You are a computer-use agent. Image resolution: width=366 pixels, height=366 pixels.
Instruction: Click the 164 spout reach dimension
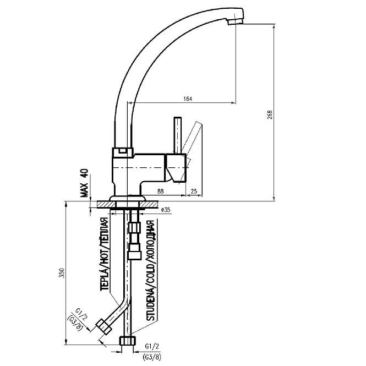[x=188, y=99]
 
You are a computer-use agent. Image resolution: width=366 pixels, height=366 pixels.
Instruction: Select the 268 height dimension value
[x=270, y=114]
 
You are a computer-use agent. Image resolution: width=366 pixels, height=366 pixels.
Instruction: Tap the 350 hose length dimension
[x=62, y=272]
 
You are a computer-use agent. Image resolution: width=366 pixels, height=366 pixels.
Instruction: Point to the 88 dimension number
[x=160, y=191]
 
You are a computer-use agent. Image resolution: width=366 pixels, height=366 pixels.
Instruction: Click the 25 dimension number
[x=194, y=191]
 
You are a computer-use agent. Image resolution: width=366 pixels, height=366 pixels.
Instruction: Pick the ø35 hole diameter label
[x=166, y=210]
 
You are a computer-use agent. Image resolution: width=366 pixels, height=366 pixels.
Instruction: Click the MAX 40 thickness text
[x=85, y=183]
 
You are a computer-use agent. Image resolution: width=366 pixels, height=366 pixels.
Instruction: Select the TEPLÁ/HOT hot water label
[x=105, y=254]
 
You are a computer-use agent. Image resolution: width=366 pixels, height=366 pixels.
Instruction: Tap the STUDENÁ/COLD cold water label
[x=150, y=271]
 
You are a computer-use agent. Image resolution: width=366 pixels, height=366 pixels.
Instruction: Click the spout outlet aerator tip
[x=236, y=21]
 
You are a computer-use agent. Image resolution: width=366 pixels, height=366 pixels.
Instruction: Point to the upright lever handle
[x=178, y=135]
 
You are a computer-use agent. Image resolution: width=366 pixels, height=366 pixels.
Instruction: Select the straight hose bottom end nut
[x=128, y=341]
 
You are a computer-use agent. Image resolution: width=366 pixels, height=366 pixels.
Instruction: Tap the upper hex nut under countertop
[x=134, y=227]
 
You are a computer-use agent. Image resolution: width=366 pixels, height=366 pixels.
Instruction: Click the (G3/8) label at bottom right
[x=151, y=357]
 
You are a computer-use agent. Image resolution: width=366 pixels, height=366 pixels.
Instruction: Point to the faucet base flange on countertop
[x=128, y=198]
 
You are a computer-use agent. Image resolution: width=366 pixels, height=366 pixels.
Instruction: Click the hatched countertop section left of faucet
[x=106, y=205]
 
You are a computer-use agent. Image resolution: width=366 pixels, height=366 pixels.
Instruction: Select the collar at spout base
[x=123, y=152]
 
